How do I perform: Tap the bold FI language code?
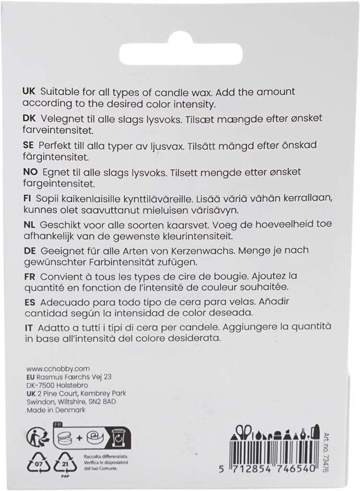click(27, 198)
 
